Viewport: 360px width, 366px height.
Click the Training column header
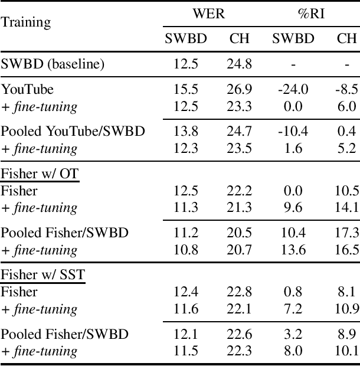pos(25,23)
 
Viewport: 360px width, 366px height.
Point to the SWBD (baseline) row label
pos(53,64)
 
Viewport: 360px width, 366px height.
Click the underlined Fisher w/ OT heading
pos(40,174)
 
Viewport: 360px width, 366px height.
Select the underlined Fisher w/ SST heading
pos(42,275)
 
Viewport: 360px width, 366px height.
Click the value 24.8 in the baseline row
pos(239,64)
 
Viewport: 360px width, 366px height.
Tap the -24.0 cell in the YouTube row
pos(293,90)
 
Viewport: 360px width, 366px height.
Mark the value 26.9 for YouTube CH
pos(239,90)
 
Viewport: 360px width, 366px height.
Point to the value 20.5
pos(239,233)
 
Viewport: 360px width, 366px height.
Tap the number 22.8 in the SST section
pos(239,292)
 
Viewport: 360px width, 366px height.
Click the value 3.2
pos(293,334)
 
